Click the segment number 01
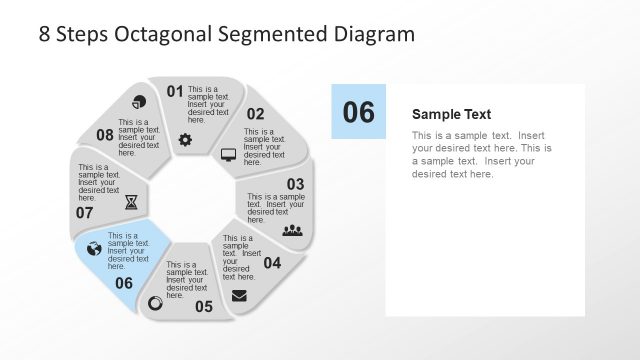175,92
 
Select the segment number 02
255,114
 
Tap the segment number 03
295,184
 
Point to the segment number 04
272,263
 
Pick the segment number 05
204,306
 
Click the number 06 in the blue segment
124,283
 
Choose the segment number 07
84,212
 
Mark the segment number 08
105,135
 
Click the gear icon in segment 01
185,139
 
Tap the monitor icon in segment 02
228,155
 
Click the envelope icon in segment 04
239,295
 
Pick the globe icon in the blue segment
94,249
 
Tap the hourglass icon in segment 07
132,202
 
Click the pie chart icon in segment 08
139,102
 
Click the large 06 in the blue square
358,112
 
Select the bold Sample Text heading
451,114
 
